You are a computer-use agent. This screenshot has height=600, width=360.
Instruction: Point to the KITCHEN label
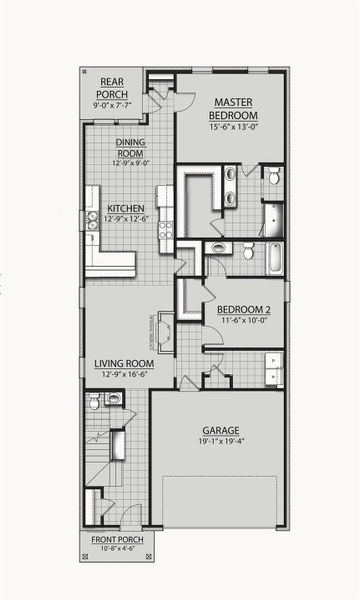pos(127,209)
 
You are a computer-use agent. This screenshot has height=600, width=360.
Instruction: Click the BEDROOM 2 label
pos(244,309)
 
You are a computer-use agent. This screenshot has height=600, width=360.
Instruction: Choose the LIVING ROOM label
pos(124,363)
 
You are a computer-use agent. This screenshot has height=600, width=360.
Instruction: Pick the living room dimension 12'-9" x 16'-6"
pos(124,374)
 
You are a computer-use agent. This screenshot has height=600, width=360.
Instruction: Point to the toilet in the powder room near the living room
pos(94,402)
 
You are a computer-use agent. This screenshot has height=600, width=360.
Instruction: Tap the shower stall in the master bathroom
pos(271,216)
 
